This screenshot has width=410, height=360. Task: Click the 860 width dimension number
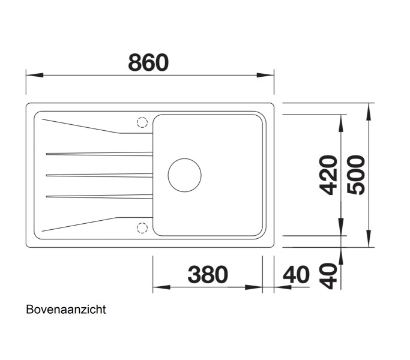(148, 62)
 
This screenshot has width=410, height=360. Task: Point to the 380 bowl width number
(208, 275)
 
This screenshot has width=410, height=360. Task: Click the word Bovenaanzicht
(66, 310)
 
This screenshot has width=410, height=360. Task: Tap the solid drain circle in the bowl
(184, 175)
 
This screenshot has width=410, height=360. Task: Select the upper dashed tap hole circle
(142, 122)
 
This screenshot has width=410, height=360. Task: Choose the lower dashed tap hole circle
(142, 227)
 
